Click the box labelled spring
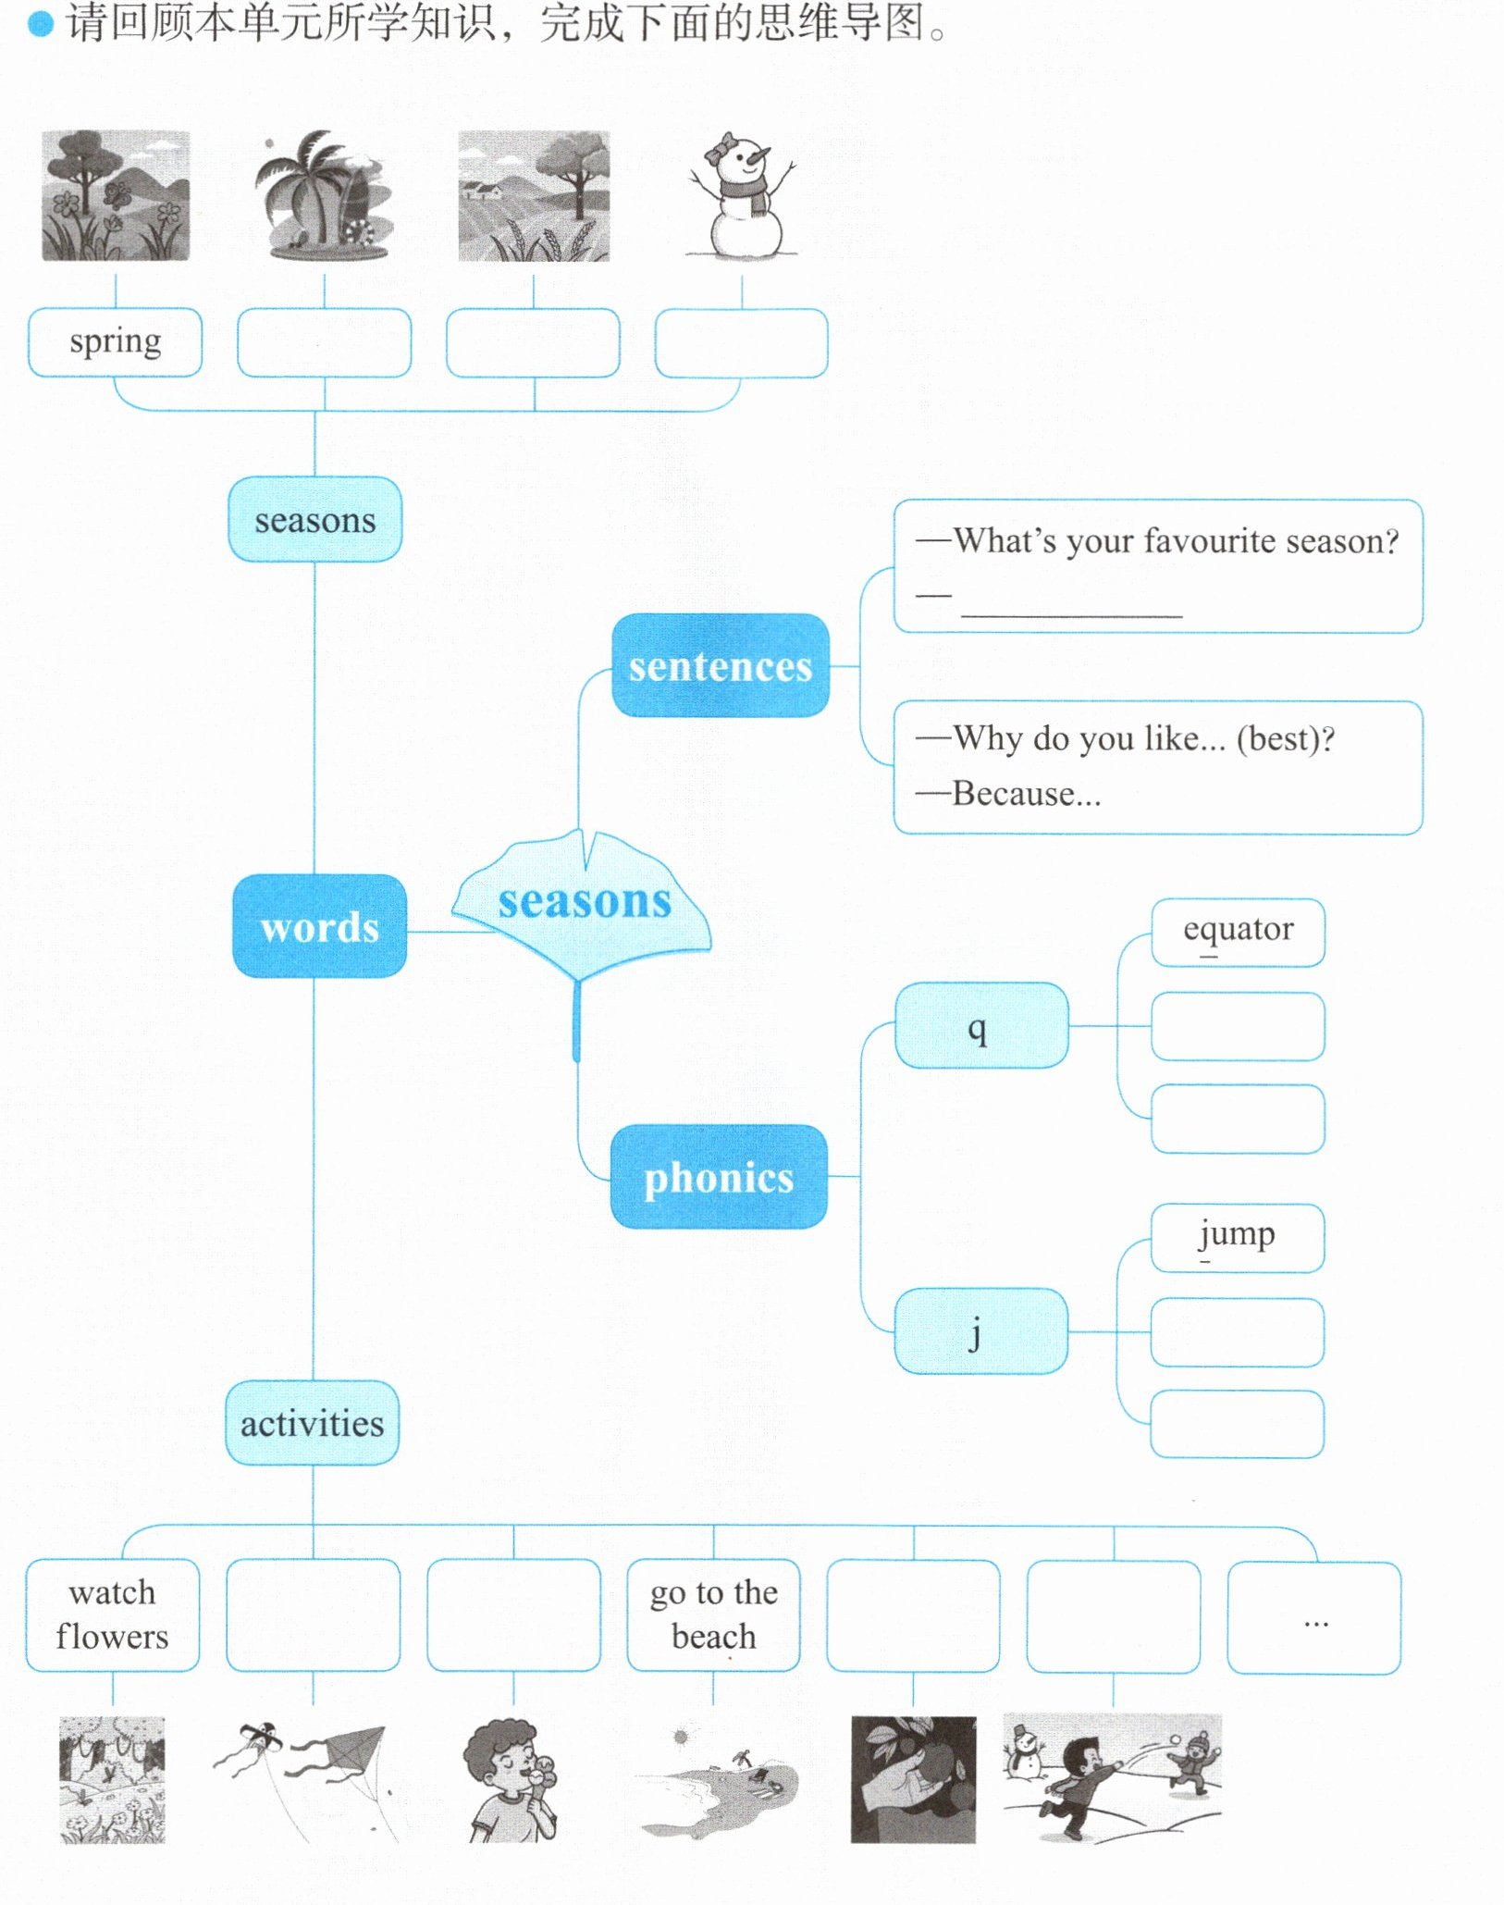tap(115, 342)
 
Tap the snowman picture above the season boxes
tap(742, 195)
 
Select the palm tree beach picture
tap(323, 195)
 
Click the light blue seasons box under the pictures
tap(315, 519)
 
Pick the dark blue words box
tap(320, 926)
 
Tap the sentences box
tap(721, 665)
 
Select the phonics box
tap(719, 1177)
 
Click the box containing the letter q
tap(981, 1025)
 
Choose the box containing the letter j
tap(981, 1331)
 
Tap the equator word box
tap(1238, 933)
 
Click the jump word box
tap(1238, 1238)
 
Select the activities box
tap(313, 1423)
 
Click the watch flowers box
tap(113, 1615)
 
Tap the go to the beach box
tap(713, 1615)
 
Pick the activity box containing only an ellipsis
tap(1314, 1617)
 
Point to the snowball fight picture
tap(1113, 1778)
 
